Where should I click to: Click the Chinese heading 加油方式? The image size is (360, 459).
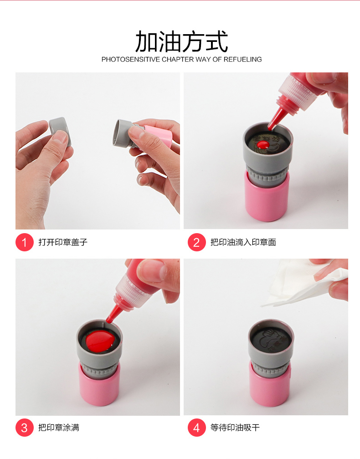tap(181, 41)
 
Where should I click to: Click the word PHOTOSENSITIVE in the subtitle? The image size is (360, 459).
tap(131, 59)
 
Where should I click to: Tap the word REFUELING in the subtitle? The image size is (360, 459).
tap(242, 59)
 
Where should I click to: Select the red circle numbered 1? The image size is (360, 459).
tap(24, 242)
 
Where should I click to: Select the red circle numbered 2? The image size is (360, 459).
tap(196, 242)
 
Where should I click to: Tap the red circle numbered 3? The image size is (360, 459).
tap(24, 428)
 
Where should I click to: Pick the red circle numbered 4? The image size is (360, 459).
tap(196, 428)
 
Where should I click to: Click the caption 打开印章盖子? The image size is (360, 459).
tap(63, 242)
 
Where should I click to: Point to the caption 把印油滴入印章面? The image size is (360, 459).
tap(243, 242)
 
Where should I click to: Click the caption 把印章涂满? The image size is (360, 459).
tap(59, 428)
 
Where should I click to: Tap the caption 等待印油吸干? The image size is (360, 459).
tap(235, 428)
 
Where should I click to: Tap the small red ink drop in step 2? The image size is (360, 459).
tap(263, 145)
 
